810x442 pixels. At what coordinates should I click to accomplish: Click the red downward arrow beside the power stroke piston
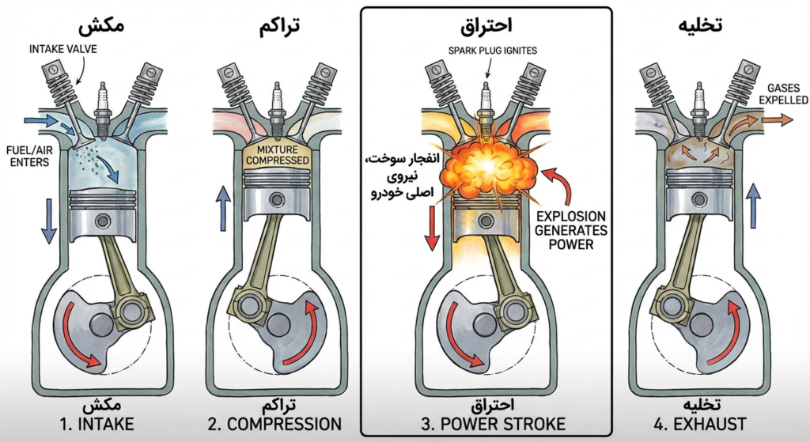click(x=431, y=225)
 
